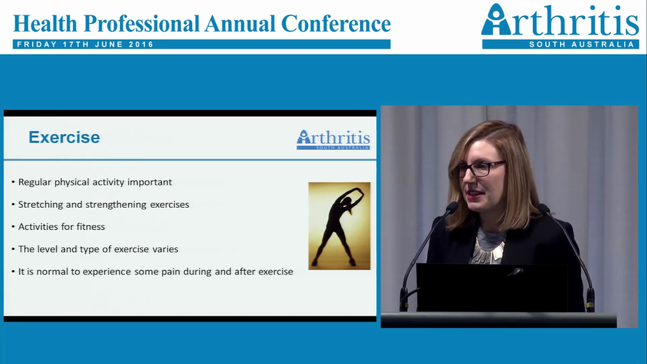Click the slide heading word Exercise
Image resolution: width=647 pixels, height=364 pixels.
click(64, 137)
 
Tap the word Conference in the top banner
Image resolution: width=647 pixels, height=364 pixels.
click(336, 23)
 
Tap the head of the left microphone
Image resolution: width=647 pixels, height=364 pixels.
click(452, 207)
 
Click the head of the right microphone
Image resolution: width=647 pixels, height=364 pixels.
click(544, 208)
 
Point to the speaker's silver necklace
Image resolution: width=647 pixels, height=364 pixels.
click(488, 253)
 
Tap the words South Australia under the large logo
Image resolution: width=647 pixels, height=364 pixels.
click(581, 44)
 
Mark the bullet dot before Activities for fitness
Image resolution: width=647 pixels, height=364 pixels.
click(13, 227)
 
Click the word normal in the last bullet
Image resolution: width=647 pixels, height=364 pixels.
click(56, 271)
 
